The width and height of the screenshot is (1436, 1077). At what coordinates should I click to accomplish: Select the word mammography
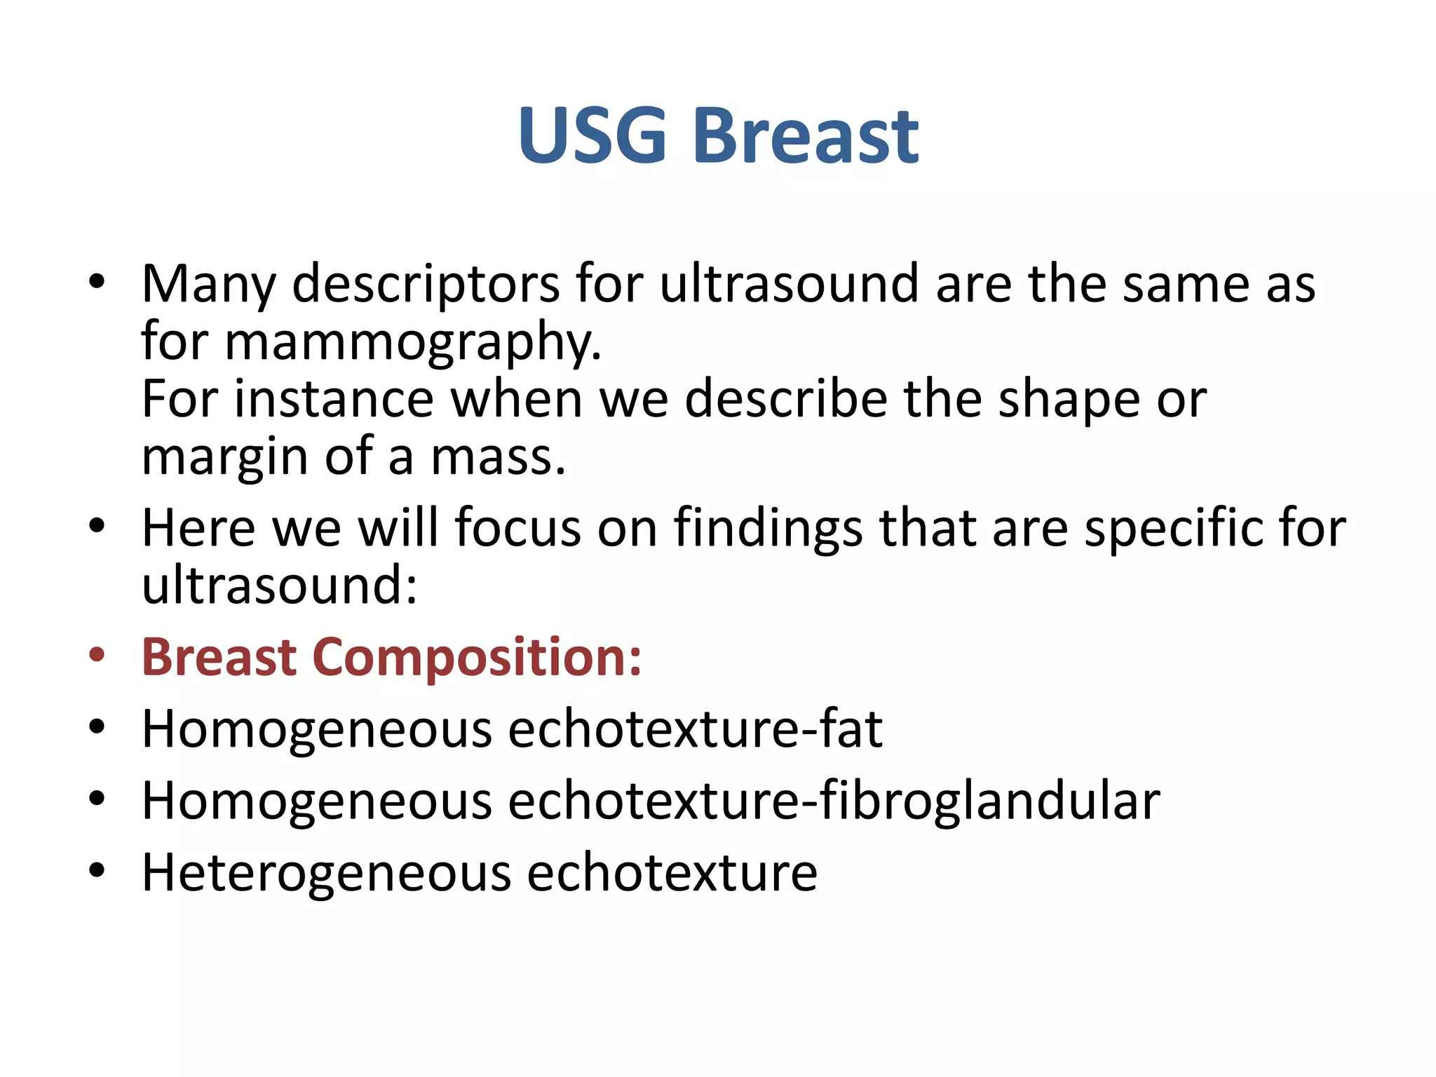click(412, 343)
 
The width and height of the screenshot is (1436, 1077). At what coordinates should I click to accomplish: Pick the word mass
click(497, 458)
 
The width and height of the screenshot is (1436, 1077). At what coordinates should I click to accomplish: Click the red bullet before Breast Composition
click(97, 656)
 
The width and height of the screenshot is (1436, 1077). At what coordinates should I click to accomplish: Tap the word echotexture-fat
click(695, 730)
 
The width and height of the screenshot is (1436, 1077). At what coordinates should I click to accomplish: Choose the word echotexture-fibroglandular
click(834, 801)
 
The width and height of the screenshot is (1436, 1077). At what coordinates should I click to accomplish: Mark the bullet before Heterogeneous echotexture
click(97, 872)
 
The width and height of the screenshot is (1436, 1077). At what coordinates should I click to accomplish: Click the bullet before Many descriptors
click(97, 283)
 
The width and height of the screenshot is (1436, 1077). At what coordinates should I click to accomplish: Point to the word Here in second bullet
click(198, 528)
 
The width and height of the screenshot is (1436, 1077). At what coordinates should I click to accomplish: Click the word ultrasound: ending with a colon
click(279, 586)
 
